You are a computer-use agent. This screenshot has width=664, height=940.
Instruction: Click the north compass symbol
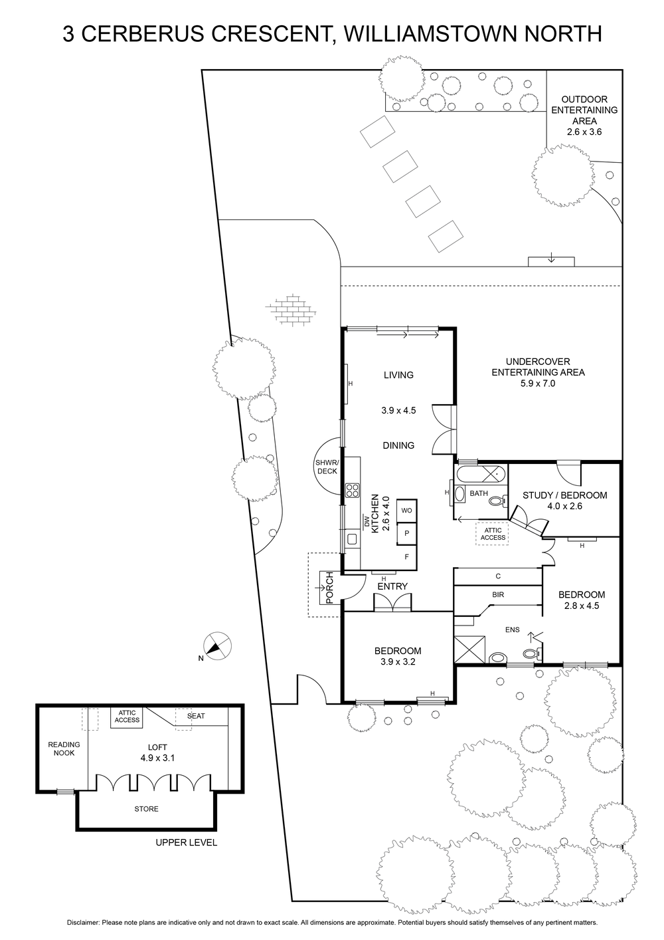[217, 646]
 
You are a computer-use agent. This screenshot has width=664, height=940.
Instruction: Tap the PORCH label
[329, 588]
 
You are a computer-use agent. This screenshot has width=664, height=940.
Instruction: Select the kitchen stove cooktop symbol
[352, 490]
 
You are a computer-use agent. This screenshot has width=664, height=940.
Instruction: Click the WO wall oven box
[406, 511]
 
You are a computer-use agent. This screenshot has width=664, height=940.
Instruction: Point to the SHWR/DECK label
[327, 467]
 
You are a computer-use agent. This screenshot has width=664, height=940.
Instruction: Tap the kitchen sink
[352, 539]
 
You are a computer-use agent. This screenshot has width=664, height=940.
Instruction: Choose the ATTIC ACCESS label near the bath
[493, 534]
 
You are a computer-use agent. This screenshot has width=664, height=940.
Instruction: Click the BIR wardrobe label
[498, 594]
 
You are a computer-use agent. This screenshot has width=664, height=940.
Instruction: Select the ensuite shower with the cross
[469, 649]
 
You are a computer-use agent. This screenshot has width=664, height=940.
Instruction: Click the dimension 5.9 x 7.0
[538, 383]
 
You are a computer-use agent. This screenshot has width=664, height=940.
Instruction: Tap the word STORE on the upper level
[146, 808]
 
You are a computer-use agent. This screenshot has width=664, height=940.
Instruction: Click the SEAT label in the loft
[196, 716]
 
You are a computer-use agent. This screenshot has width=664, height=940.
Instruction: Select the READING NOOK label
[64, 749]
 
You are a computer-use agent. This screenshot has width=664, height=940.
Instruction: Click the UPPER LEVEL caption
[186, 842]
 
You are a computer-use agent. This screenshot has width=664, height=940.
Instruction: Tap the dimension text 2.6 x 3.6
[584, 132]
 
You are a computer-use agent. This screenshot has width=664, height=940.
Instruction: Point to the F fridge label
[406, 557]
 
